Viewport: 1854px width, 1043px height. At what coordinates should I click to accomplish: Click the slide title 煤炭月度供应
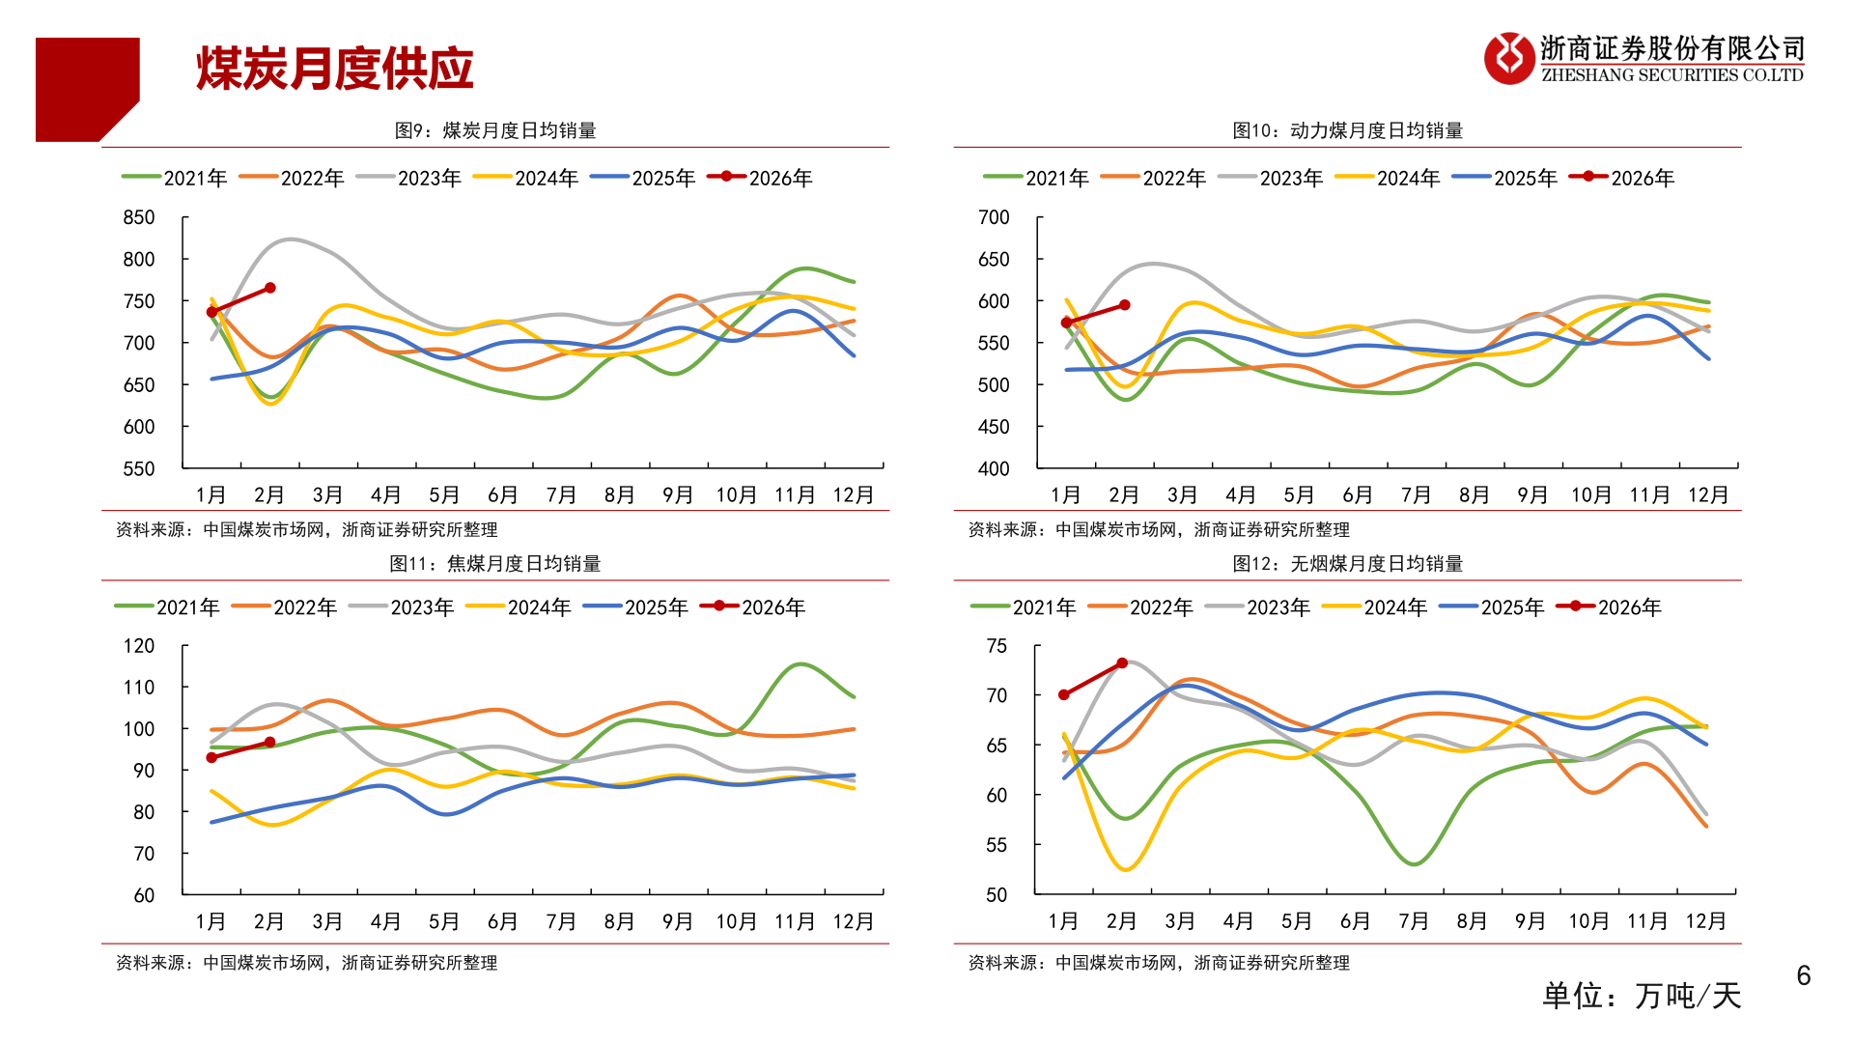334,69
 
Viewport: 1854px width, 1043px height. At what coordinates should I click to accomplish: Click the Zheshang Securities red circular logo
1508,58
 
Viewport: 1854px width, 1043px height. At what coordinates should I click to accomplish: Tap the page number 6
1803,975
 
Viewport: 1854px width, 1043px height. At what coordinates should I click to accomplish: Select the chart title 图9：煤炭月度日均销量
495,130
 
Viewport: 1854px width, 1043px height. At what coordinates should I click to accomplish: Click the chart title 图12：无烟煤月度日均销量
1347,563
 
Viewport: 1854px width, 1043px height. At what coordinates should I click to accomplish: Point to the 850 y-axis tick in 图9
139,217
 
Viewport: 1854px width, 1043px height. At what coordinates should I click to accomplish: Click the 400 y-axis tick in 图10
994,468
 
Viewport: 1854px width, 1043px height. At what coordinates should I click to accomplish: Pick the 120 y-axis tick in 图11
139,645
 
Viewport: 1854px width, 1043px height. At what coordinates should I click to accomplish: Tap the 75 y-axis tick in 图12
997,645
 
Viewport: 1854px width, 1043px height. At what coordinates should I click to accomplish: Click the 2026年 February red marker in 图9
270,288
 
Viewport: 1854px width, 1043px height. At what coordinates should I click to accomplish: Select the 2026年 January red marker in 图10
1066,323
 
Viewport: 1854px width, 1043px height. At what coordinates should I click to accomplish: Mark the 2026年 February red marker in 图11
270,743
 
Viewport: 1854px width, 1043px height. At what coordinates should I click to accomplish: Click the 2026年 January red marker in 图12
1064,694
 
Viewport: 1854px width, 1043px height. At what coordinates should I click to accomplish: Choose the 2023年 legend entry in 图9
408,178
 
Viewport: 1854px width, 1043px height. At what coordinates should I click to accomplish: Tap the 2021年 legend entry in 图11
167,606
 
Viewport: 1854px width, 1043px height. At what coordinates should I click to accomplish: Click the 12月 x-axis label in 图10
1707,494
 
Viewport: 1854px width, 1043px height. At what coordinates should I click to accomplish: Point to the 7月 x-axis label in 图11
561,921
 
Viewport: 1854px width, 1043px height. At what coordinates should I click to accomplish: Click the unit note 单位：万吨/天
1641,995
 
